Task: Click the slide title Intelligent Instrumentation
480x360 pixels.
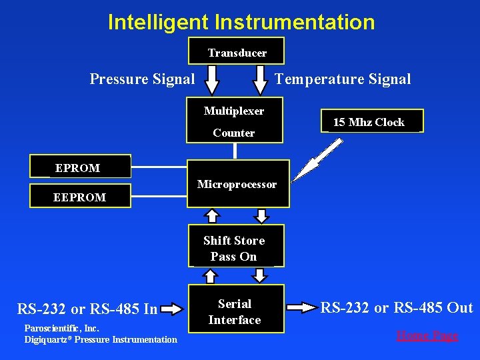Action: coord(241,22)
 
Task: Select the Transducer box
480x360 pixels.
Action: coord(237,52)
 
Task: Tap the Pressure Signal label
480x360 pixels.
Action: coord(142,79)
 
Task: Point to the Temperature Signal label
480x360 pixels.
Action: coord(343,79)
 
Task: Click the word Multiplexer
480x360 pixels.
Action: coord(233,111)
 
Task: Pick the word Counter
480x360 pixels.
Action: coord(233,133)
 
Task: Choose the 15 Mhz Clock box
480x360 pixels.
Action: coord(369,122)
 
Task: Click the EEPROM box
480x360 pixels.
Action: coord(80,197)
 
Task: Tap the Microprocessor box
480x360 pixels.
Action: coord(237,184)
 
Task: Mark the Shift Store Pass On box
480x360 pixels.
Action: coord(234,248)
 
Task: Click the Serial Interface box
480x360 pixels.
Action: coord(234,311)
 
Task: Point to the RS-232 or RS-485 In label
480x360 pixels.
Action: coord(87,309)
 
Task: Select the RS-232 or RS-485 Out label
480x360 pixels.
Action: coord(397,307)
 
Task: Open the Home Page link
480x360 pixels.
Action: coord(427,335)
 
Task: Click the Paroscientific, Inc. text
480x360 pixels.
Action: coord(61,328)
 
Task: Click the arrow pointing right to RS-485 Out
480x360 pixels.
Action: coord(303,307)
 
